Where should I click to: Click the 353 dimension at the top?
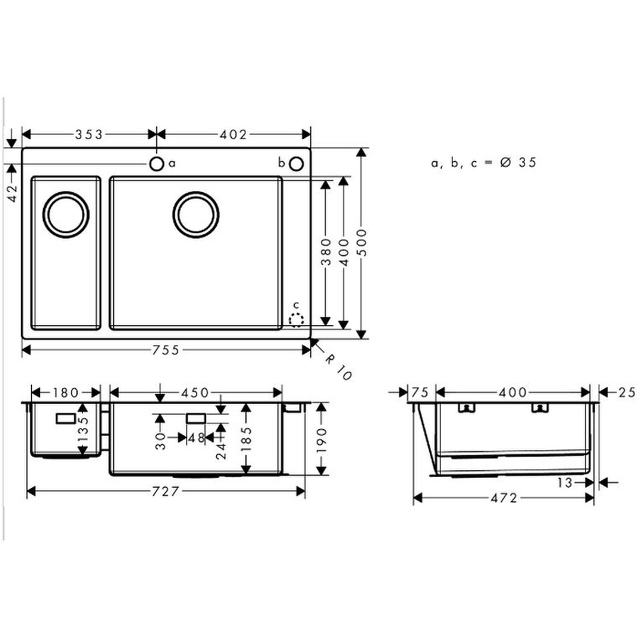(89, 134)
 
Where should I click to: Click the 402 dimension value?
(233, 134)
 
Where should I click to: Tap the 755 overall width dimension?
(166, 350)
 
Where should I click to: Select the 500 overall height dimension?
(362, 242)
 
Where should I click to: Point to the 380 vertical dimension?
(326, 252)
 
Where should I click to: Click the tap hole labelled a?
(156, 164)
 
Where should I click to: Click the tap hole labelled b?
(296, 164)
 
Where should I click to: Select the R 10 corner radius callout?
(338, 367)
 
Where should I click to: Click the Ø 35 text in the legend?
(518, 163)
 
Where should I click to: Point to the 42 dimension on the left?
(12, 193)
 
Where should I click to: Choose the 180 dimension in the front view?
(65, 393)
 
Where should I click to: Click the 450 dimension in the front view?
(195, 393)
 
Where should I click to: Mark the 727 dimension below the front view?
(165, 491)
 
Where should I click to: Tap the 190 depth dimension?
(321, 440)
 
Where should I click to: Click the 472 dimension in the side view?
(504, 498)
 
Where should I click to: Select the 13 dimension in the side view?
(564, 482)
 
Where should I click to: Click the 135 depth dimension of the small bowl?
(83, 429)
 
